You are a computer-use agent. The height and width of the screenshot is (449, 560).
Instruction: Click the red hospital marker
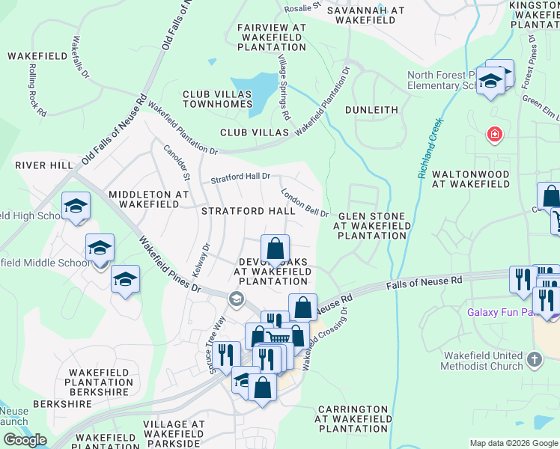pos(494,135)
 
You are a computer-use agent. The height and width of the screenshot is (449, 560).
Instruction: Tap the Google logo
pos(25,440)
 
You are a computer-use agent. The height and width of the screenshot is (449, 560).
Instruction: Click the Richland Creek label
pos(430,148)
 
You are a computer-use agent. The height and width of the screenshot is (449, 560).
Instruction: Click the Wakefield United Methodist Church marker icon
pos(534,360)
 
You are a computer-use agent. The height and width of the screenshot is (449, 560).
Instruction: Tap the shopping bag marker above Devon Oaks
pos(276,248)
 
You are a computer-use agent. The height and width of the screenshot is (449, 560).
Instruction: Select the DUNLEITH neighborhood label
pos(371,110)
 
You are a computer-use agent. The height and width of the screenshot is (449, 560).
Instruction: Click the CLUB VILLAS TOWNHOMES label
pos(207,100)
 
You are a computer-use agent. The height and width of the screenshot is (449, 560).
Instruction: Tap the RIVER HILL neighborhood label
pos(43,165)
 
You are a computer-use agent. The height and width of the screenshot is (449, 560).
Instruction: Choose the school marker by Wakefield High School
pos(76,206)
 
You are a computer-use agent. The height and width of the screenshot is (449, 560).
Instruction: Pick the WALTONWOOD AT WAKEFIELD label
pos(492,179)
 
